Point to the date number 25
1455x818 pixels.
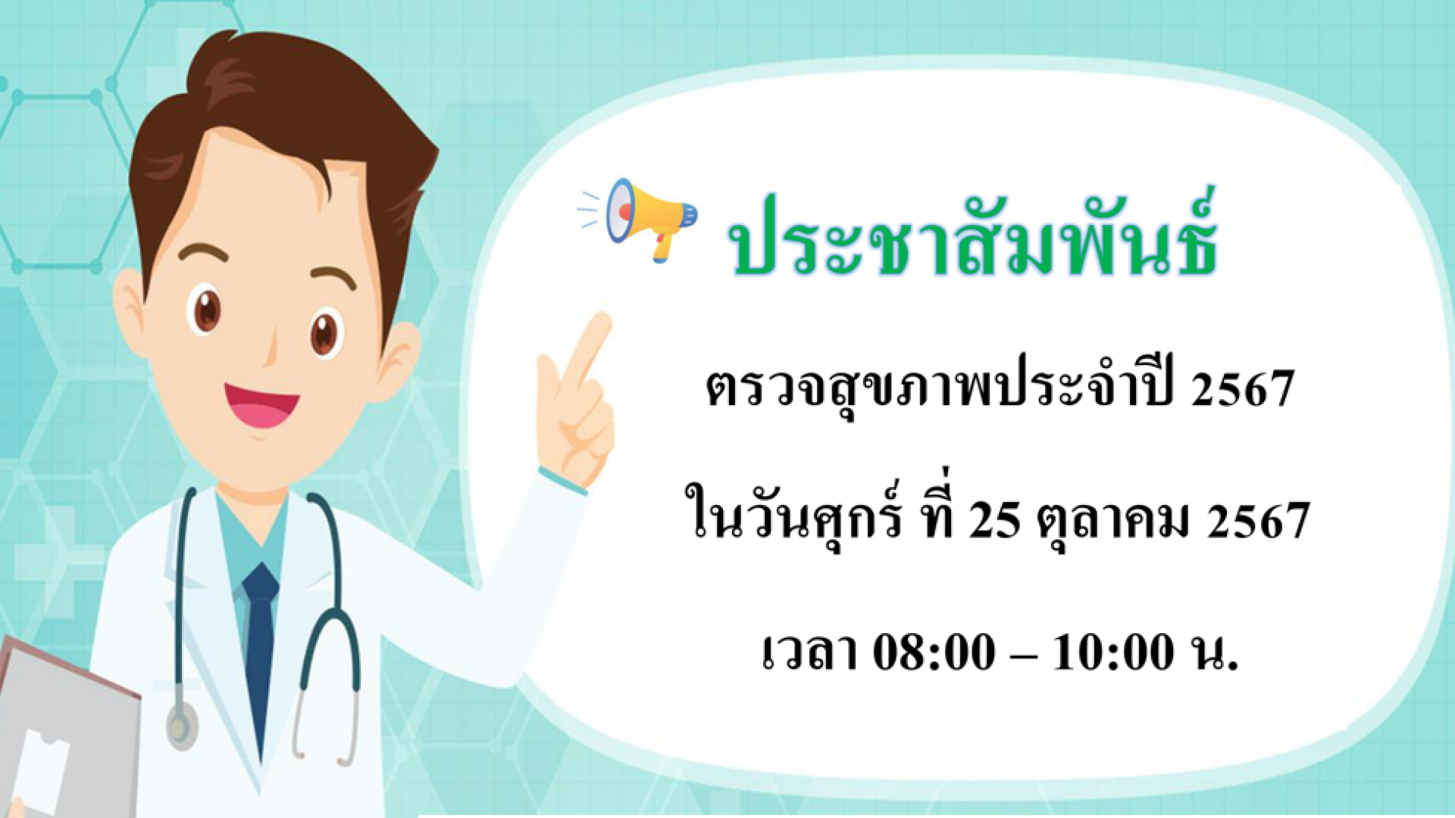993,522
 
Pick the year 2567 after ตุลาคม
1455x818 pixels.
1259,522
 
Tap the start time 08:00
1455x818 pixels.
934,652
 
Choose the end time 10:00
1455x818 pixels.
1113,652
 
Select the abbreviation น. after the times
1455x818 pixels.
1214,652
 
